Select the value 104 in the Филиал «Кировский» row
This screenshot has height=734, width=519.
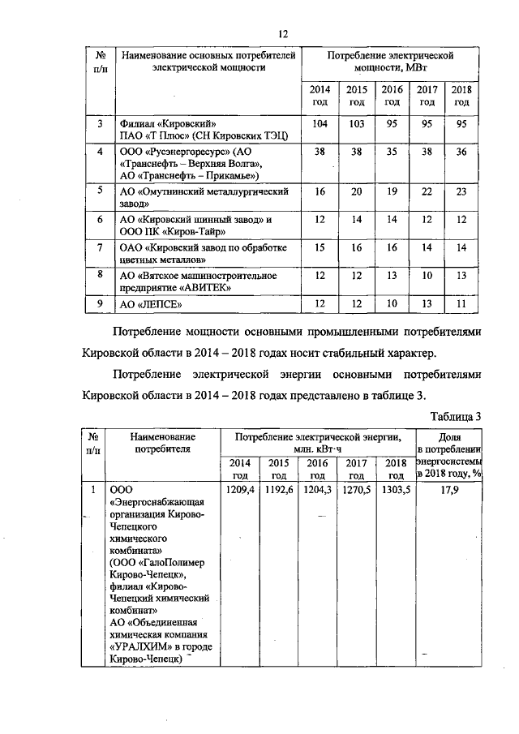click(x=319, y=123)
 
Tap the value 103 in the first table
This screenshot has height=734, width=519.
click(x=355, y=123)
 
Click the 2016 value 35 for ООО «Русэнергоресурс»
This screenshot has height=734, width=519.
click(x=392, y=152)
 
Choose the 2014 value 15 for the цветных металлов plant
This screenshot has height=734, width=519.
click(x=319, y=248)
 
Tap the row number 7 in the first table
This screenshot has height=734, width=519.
click(x=99, y=248)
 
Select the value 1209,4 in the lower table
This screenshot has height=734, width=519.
click(x=239, y=490)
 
